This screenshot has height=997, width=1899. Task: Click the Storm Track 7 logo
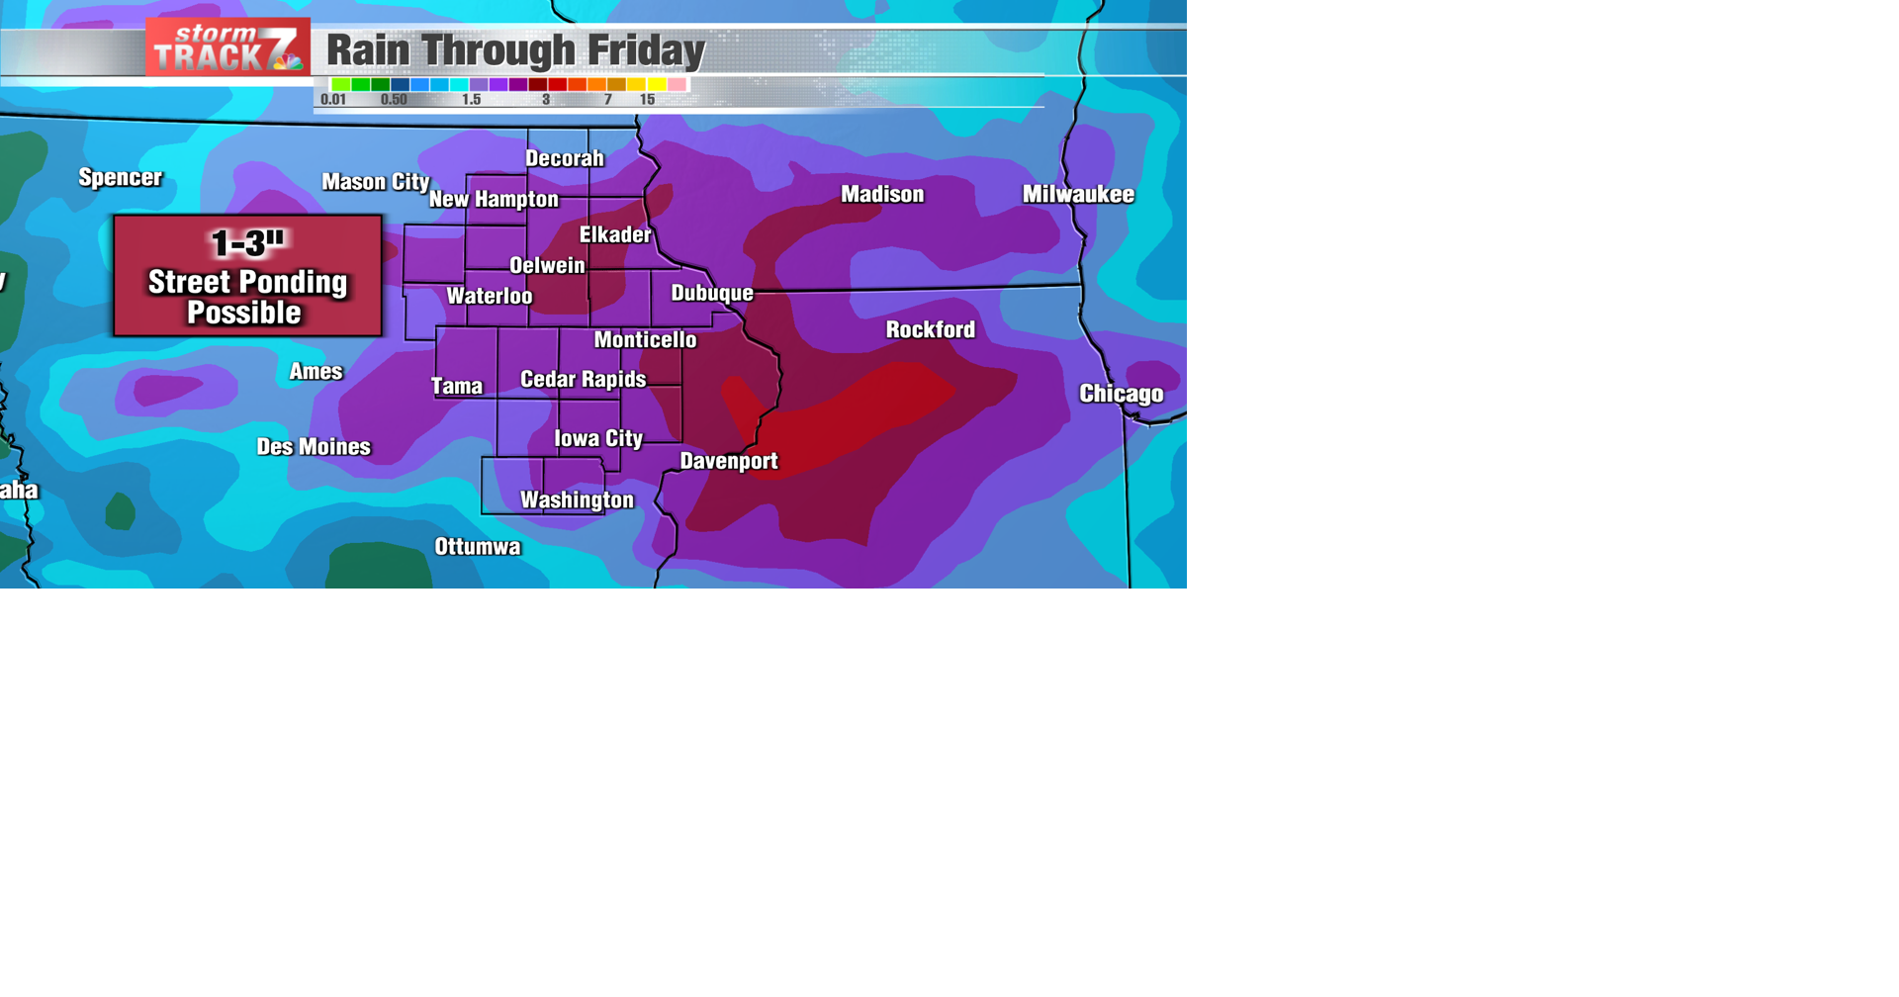pyautogui.click(x=227, y=47)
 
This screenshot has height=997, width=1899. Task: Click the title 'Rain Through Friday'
pyautogui.click(x=515, y=50)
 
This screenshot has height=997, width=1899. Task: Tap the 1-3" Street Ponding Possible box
pyautogui.click(x=247, y=276)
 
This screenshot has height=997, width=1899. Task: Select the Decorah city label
pyautogui.click(x=564, y=158)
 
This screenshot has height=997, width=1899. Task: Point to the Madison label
pyautogui.click(x=882, y=195)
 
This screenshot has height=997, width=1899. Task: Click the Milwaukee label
pyautogui.click(x=1078, y=195)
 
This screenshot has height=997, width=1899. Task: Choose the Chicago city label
pyautogui.click(x=1121, y=394)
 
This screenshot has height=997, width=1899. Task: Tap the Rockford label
pyautogui.click(x=930, y=329)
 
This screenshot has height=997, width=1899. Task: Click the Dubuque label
pyautogui.click(x=712, y=293)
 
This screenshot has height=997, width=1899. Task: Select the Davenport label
pyautogui.click(x=729, y=461)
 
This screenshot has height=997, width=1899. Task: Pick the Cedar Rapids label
pyautogui.click(x=583, y=380)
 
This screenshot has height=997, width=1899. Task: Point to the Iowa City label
pyautogui.click(x=597, y=438)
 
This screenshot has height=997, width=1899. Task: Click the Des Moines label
pyautogui.click(x=314, y=447)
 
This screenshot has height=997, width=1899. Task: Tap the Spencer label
pyautogui.click(x=120, y=178)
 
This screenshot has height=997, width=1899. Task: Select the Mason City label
pyautogui.click(x=375, y=182)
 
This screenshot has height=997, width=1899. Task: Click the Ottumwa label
pyautogui.click(x=477, y=547)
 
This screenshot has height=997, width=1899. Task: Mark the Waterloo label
pyautogui.click(x=489, y=296)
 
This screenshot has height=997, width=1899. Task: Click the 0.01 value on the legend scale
pyautogui.click(x=333, y=100)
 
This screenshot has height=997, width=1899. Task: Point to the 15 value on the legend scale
pyautogui.click(x=647, y=100)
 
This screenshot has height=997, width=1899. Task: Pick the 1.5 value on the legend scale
pyautogui.click(x=471, y=100)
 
